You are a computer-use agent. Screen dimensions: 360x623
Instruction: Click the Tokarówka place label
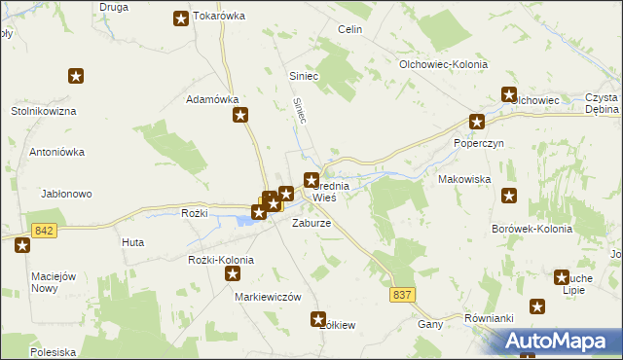(219, 17)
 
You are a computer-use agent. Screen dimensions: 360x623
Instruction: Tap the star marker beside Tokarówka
(181, 18)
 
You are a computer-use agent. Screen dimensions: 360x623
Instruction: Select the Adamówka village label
(212, 99)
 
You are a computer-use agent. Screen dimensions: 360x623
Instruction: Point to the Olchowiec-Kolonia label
(444, 64)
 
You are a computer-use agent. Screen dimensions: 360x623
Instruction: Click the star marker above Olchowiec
(508, 94)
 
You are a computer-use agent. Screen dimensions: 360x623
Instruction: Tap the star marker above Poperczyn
(477, 122)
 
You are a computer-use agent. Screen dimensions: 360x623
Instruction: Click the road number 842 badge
(43, 231)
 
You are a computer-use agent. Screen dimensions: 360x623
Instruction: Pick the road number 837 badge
(405, 293)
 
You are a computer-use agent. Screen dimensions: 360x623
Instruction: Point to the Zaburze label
(312, 223)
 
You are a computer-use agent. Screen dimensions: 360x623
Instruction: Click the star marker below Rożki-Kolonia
(233, 274)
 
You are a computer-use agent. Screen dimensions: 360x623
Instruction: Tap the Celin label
(350, 30)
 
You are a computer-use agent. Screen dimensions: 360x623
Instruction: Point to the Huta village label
(133, 242)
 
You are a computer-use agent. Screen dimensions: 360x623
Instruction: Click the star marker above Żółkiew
(318, 318)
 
